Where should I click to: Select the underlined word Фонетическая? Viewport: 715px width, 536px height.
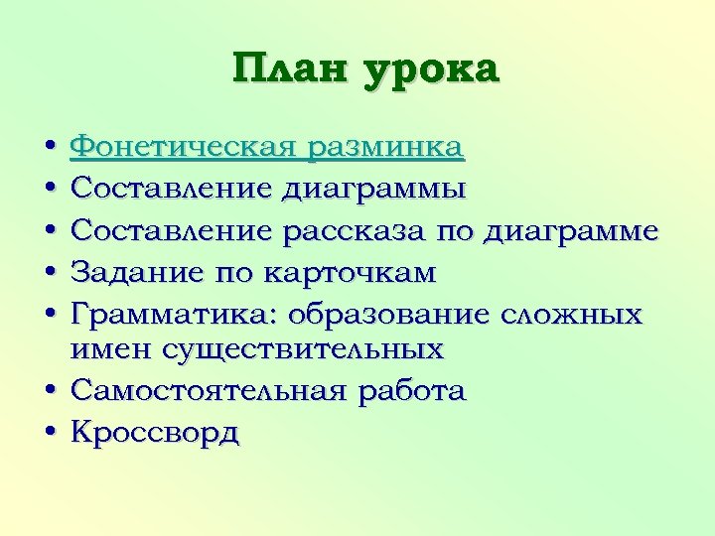[183, 150]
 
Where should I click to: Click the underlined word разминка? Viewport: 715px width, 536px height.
[384, 150]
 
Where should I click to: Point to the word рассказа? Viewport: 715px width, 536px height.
[356, 230]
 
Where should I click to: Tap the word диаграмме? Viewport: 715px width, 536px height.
[571, 230]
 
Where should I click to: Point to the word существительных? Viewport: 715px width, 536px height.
[307, 350]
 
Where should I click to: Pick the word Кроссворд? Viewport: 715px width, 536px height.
[155, 433]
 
